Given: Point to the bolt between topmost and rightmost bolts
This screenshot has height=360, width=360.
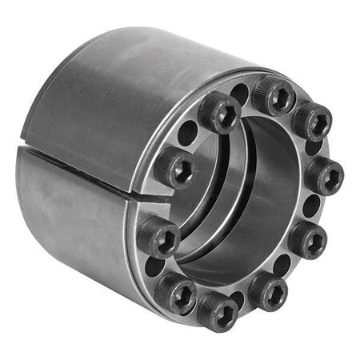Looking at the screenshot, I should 311,122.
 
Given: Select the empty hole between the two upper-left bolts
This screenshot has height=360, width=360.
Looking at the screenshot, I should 188,132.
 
